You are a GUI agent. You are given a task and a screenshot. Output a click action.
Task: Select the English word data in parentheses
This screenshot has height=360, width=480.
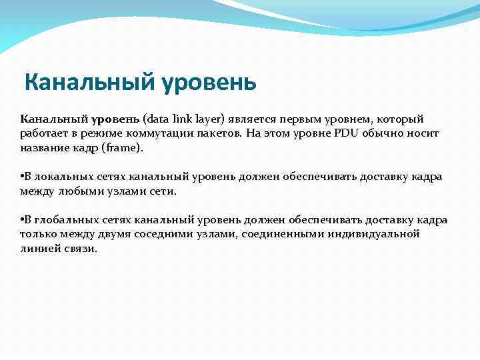pos(159,119)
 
